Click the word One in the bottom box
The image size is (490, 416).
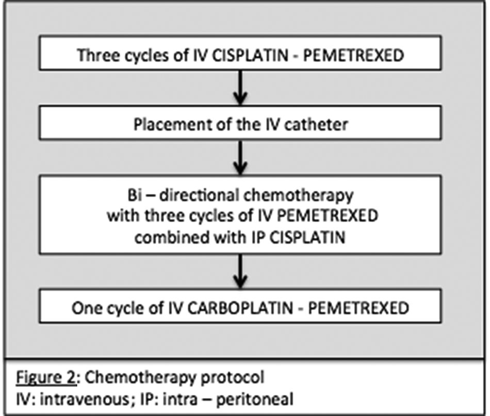click(85, 308)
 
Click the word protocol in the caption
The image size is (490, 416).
click(227, 377)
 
